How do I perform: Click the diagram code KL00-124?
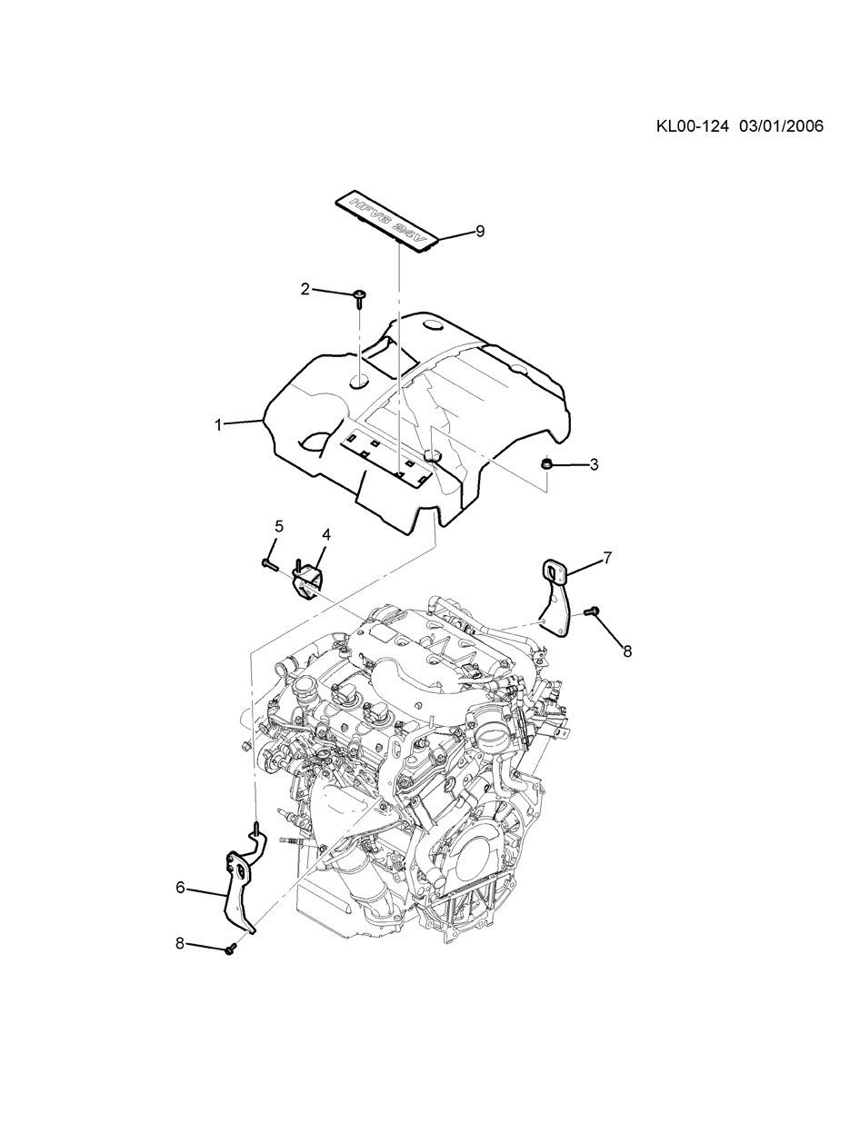pyautogui.click(x=693, y=126)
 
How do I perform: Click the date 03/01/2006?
pyautogui.click(x=780, y=126)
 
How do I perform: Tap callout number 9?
pyautogui.click(x=480, y=232)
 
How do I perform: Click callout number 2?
pyautogui.click(x=305, y=289)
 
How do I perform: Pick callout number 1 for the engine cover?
pyautogui.click(x=218, y=424)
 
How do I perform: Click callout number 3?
pyautogui.click(x=594, y=465)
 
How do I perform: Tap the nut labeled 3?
pyautogui.click(x=547, y=465)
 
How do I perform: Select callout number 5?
pyautogui.click(x=279, y=526)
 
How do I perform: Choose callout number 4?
pyautogui.click(x=325, y=534)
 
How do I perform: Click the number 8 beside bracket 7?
pyautogui.click(x=626, y=650)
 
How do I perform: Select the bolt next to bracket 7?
pyautogui.click(x=592, y=613)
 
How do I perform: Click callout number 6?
pyautogui.click(x=180, y=888)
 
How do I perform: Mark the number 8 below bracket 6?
pyautogui.click(x=180, y=944)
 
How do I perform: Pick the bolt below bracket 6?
pyautogui.click(x=229, y=949)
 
